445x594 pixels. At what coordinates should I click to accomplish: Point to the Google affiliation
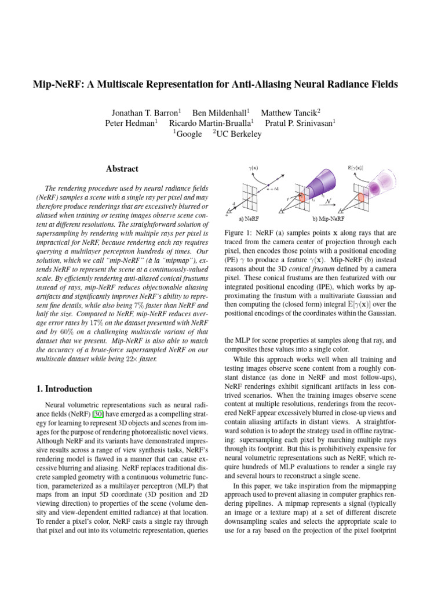coord(189,134)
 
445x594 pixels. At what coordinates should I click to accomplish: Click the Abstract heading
coord(122,169)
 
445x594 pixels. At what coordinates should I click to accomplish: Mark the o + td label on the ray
coord(272,189)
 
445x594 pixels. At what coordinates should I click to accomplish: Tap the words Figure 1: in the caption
coord(240,232)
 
